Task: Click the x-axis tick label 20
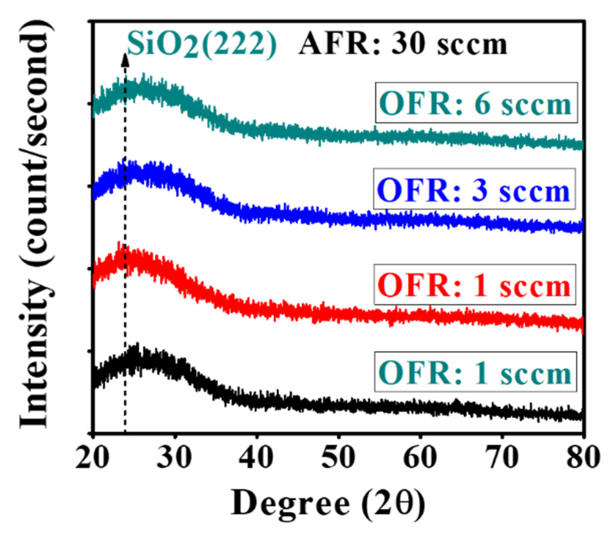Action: pyautogui.click(x=93, y=458)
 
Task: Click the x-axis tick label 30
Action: pyautogui.click(x=175, y=458)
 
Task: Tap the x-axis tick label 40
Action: pyautogui.click(x=256, y=458)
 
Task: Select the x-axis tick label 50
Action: pyautogui.click(x=338, y=458)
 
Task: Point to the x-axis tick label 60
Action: pyautogui.click(x=420, y=458)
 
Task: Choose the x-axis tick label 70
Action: pyautogui.click(x=502, y=458)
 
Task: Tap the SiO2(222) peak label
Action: pyautogui.click(x=202, y=45)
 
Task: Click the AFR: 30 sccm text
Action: pyautogui.click(x=403, y=45)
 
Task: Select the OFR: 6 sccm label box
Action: pyautogui.click(x=476, y=103)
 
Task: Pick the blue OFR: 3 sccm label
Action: pyautogui.click(x=474, y=189)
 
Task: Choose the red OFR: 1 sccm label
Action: pyautogui.click(x=475, y=285)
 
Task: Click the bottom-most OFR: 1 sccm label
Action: pyautogui.click(x=476, y=372)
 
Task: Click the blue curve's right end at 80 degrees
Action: pyautogui.click(x=582, y=226)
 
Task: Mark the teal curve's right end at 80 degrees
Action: pyautogui.click(x=582, y=145)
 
